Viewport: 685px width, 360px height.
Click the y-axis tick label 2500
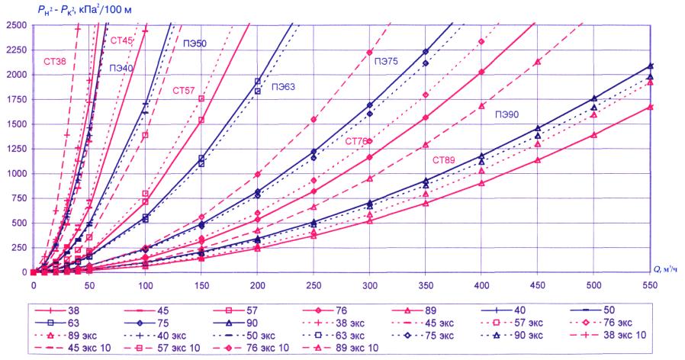(x=15, y=25)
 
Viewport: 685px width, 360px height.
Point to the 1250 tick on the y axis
(x=15, y=149)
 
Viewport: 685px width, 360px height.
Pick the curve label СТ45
(x=121, y=40)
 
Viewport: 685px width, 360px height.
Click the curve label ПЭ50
(x=195, y=43)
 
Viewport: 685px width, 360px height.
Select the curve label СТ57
(x=184, y=91)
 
